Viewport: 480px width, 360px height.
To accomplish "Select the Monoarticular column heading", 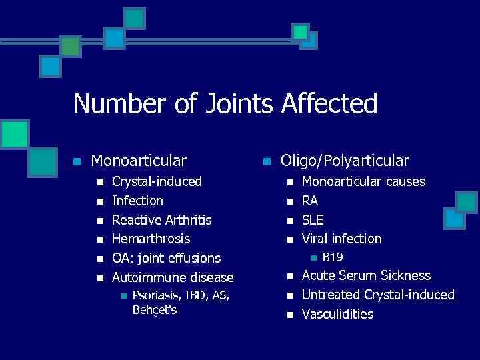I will click(139, 161).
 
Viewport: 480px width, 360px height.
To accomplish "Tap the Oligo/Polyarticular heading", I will click(345, 161).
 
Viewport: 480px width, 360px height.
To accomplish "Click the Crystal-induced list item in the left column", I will click(157, 181).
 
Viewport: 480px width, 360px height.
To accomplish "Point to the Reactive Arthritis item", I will click(161, 220).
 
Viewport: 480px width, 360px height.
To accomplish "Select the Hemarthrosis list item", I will click(151, 239).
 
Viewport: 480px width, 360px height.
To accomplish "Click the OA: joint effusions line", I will click(166, 258).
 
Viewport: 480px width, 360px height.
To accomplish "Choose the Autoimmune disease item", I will click(173, 277).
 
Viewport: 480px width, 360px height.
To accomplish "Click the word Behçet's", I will click(155, 310).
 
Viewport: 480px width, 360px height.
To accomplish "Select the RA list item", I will click(310, 201).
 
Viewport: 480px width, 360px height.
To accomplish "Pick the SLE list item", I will click(313, 220).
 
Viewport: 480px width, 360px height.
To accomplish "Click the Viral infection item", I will click(342, 239).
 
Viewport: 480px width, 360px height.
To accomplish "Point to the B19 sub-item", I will click(332, 257).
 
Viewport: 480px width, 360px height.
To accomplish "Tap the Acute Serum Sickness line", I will click(367, 275).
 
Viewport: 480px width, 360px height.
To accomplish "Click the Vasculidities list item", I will click(337, 314).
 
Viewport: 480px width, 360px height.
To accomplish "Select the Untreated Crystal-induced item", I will click(378, 295).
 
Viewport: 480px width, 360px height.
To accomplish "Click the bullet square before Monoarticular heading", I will click(77, 161).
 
